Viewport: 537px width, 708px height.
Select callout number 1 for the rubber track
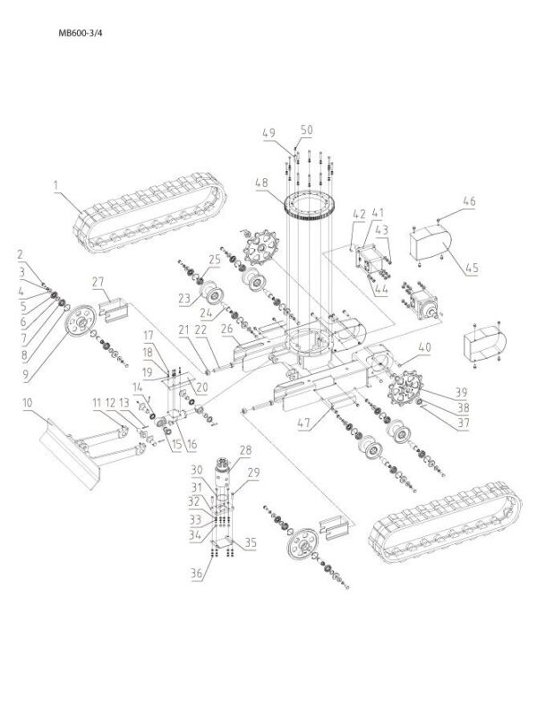pos(55,185)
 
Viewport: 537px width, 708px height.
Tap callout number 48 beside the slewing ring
pos(260,184)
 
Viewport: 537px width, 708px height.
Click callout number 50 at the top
pos(307,131)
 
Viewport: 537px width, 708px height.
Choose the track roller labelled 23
pos(215,296)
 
